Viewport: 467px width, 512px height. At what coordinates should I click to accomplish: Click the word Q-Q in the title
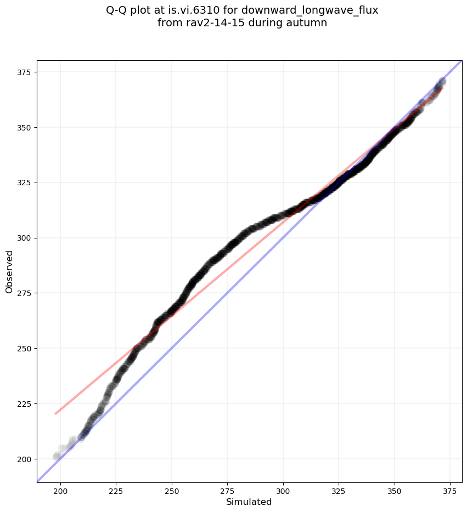[x=117, y=10]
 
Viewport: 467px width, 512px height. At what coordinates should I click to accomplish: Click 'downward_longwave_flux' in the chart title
[x=324, y=10]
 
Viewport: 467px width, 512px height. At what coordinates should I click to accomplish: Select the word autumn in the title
[x=309, y=23]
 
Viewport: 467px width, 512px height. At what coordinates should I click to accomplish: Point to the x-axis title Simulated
[x=249, y=502]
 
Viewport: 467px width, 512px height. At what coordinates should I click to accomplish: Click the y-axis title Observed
[x=9, y=271]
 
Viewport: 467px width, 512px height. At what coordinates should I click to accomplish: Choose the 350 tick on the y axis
[x=26, y=127]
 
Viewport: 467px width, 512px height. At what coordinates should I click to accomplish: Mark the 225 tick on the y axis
[x=26, y=403]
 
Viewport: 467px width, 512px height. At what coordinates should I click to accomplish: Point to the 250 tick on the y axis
[x=26, y=348]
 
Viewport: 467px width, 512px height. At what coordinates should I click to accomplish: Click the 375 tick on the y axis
[x=26, y=72]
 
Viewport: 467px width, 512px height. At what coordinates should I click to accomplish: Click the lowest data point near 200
[x=57, y=456]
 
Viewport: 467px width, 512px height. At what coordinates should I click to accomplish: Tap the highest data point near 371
[x=442, y=82]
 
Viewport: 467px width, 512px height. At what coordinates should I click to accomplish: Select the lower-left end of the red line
[x=55, y=413]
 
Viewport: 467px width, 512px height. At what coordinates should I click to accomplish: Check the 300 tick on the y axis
[x=26, y=238]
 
